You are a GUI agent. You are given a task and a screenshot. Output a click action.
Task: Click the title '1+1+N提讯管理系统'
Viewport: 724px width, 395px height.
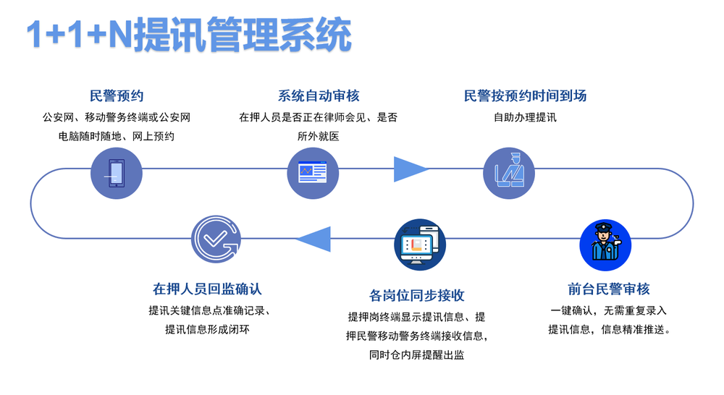(189, 35)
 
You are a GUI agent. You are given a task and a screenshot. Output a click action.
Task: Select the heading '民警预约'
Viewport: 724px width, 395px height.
(117, 95)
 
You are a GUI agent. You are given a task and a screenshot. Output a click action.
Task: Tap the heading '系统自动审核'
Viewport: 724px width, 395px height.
(318, 95)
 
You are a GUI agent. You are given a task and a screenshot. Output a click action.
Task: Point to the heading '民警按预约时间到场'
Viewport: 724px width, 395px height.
(525, 95)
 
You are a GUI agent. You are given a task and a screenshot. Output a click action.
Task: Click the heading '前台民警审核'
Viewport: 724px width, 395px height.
(609, 289)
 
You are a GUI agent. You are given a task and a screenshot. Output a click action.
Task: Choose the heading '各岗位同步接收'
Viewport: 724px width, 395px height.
(416, 295)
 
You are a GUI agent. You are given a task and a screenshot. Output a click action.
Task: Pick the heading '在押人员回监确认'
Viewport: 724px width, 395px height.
(207, 289)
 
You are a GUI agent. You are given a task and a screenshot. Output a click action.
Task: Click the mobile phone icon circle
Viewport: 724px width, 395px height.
(117, 173)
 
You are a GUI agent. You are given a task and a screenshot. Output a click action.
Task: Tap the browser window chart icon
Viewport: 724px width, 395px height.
(313, 173)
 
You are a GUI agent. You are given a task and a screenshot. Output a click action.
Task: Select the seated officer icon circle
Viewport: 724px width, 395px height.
(509, 173)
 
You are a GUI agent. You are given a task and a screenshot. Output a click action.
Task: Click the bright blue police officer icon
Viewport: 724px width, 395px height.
(605, 245)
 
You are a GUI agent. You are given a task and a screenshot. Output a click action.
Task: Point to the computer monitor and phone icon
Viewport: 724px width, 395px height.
(420, 245)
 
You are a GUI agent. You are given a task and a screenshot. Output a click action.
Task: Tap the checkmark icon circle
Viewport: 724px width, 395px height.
(216, 239)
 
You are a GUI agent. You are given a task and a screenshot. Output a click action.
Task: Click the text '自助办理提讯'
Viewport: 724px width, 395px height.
(525, 117)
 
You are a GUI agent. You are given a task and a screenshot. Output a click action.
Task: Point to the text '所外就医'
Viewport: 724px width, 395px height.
(318, 136)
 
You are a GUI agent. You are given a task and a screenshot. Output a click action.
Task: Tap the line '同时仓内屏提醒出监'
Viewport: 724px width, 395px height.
(416, 355)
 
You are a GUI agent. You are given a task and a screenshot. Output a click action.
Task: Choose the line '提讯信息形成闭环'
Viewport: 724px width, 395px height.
(207, 329)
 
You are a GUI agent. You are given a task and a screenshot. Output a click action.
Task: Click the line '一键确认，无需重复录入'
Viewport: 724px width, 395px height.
(609, 310)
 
